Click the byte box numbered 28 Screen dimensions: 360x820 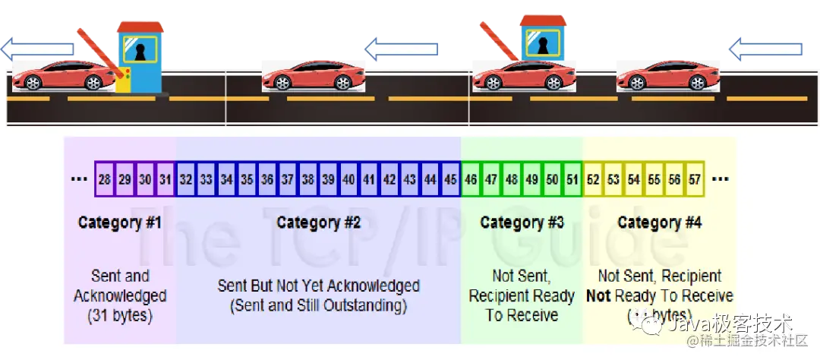(105, 180)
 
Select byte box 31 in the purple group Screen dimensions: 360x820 (166, 180)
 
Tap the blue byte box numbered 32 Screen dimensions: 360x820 (186, 180)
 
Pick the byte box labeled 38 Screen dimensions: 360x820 (308, 180)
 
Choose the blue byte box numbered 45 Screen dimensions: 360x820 (451, 180)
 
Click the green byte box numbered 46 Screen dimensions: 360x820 (471, 180)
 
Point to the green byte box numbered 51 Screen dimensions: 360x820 (572, 180)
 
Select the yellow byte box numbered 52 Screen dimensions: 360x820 (593, 180)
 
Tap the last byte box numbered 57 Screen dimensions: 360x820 (695, 180)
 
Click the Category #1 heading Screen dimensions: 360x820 (119, 223)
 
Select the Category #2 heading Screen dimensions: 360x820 (318, 223)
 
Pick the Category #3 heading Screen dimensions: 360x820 (522, 223)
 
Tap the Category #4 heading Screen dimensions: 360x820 (659, 223)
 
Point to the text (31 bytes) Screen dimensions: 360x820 (120, 314)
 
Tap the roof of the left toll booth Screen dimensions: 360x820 (140, 27)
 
